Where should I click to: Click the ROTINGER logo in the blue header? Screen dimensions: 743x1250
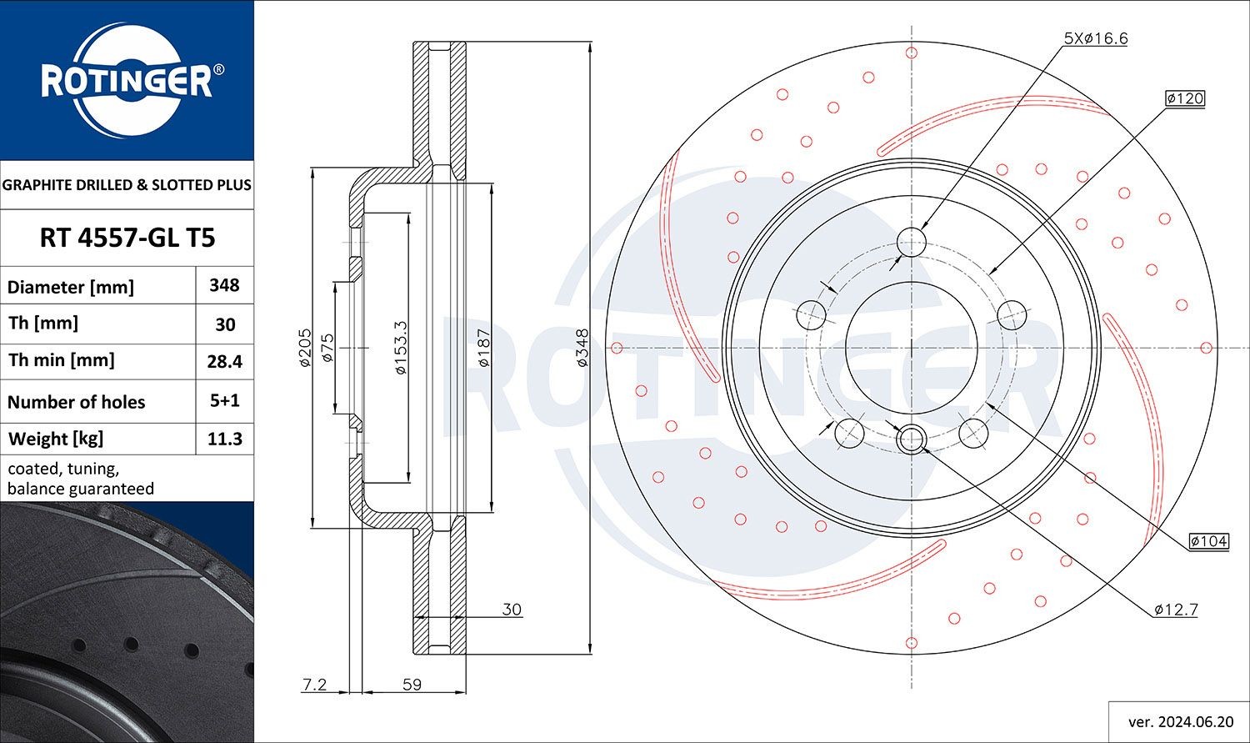pos(127,81)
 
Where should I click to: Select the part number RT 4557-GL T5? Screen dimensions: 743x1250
pos(127,238)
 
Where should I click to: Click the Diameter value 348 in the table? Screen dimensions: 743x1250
pos(224,285)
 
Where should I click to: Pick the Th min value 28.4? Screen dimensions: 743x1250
pos(224,361)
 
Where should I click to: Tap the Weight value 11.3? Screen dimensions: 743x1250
pos(224,439)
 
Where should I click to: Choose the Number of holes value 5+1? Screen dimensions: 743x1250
pos(224,400)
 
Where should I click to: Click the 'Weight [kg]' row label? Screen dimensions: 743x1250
pos(56,439)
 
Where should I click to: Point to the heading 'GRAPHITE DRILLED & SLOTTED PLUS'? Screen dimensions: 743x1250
pos(127,185)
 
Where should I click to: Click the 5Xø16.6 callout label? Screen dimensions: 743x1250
pos(1096,38)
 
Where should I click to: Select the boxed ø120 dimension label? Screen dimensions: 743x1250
pos(1185,98)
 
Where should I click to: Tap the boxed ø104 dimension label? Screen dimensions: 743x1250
pos(1209,541)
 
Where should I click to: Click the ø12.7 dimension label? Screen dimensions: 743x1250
pos(1176,610)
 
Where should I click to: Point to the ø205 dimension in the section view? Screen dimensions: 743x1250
pos(304,348)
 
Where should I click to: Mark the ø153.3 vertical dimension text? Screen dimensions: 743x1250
pos(401,348)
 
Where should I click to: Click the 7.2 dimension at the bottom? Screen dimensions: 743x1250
pos(314,685)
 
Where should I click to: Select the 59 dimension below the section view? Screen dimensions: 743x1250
pos(412,685)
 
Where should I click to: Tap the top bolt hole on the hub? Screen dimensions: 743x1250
pos(912,243)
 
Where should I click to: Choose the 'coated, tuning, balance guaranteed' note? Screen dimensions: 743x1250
pos(81,479)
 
